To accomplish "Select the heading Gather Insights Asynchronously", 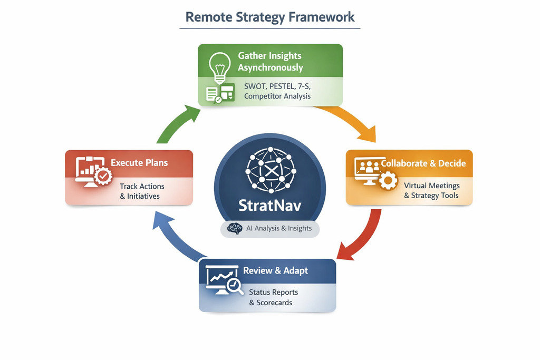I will point(271,61).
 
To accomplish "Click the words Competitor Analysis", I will point(277,96).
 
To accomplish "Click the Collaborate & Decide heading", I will point(423,163).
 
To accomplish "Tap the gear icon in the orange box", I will point(389,181).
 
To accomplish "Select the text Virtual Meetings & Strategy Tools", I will point(431,190).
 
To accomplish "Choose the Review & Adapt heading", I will point(275,270).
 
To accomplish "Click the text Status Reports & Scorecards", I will point(273,297).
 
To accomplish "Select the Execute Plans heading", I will point(139,162).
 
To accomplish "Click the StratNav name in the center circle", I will point(270,205).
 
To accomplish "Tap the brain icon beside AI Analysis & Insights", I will point(234,228).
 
